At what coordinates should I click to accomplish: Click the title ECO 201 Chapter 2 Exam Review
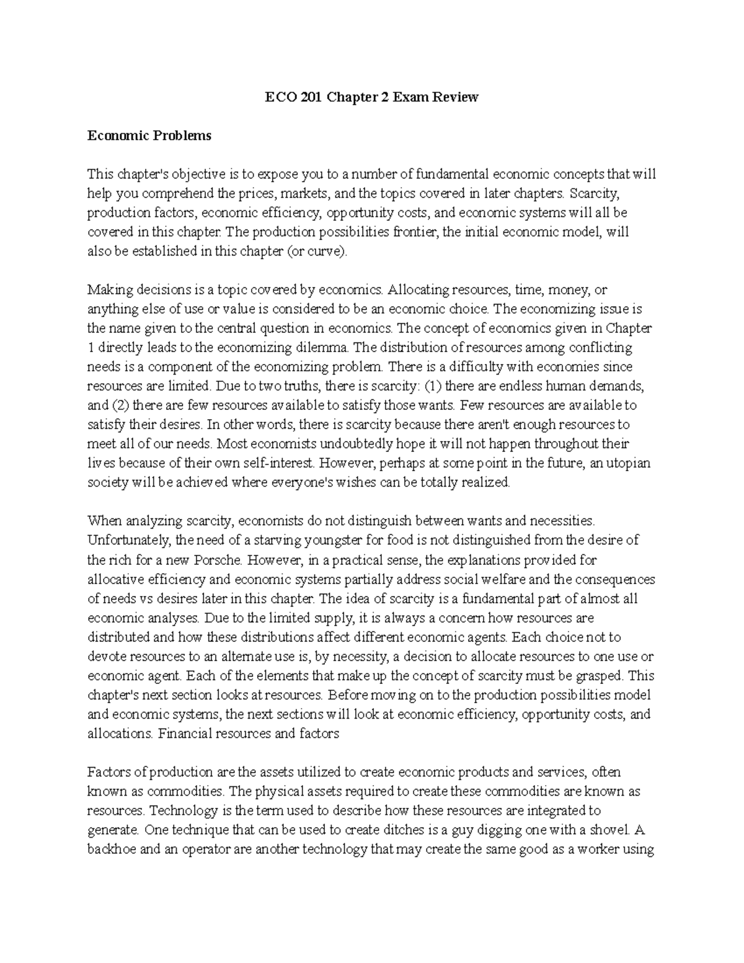(371, 97)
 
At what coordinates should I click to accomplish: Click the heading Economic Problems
(149, 136)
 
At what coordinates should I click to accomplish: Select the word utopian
(630, 463)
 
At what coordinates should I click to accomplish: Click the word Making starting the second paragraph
(108, 290)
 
